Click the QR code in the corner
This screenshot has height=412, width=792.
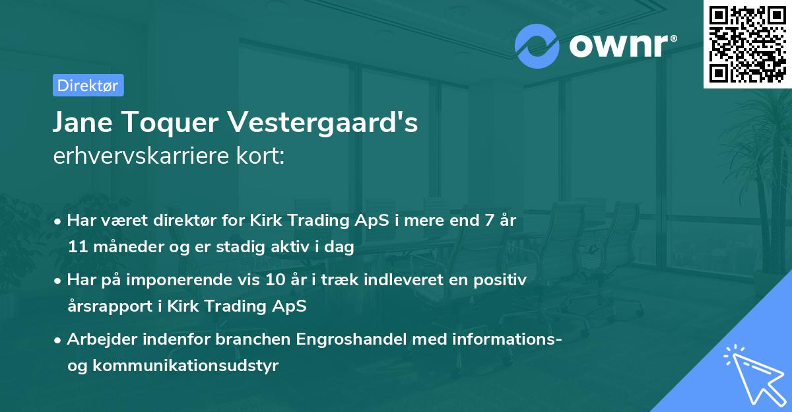[x=748, y=44]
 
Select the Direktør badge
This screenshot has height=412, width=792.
[x=88, y=85]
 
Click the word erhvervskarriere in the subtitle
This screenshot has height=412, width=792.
[x=138, y=156]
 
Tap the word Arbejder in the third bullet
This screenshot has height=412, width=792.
[x=97, y=339]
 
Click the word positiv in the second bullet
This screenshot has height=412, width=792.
[x=503, y=280]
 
